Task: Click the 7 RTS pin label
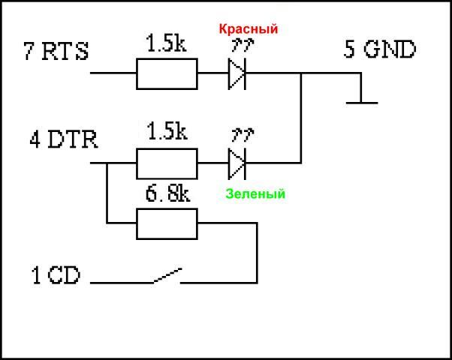[56, 52]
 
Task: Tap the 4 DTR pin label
[63, 139]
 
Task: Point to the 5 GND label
[380, 51]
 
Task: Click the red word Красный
[249, 30]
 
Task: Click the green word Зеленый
[255, 194]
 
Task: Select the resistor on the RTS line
[167, 73]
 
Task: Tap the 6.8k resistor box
[167, 223]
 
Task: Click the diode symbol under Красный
[237, 73]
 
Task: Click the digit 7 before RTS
[30, 52]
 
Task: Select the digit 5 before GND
[351, 51]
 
